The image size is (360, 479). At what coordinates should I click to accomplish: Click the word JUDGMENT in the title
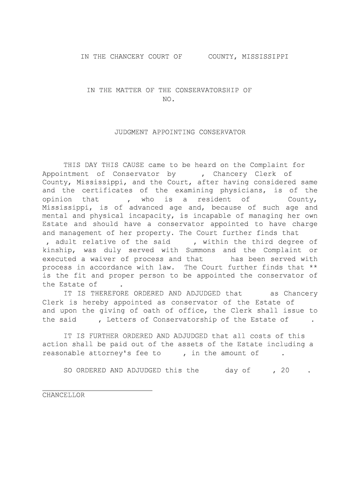click(132, 132)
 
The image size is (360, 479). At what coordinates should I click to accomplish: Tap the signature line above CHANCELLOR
click(97, 390)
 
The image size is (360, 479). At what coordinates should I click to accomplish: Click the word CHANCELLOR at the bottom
click(64, 395)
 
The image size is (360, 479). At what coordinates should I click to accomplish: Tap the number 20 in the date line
click(285, 370)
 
